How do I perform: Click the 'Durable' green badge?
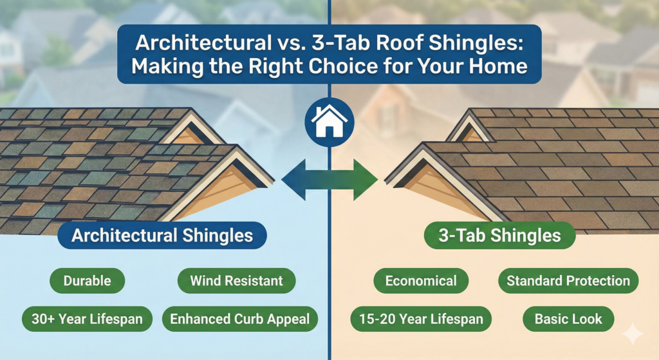tap(87, 281)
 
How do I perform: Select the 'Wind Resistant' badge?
tap(236, 281)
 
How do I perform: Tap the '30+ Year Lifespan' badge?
tap(87, 318)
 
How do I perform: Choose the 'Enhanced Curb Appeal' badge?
tap(240, 318)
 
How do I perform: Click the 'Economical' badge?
tap(421, 281)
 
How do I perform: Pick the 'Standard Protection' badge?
tap(568, 281)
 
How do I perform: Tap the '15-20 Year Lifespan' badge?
tap(421, 318)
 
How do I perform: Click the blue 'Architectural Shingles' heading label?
tap(162, 236)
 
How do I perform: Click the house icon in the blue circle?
tap(329, 120)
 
